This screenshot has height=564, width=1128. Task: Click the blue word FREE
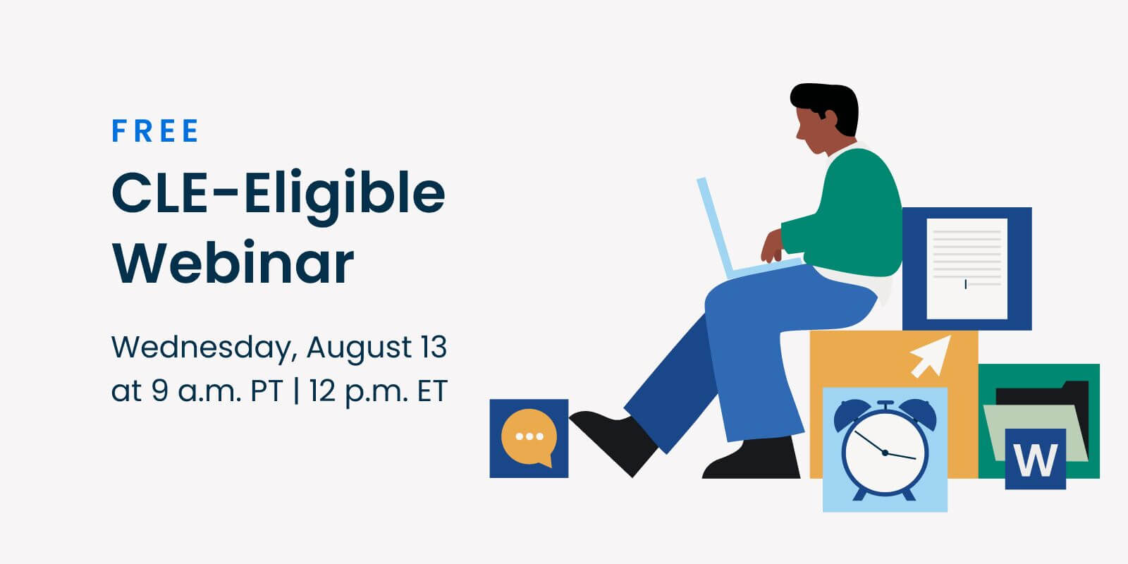pos(155,131)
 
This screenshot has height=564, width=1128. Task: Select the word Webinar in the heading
pos(233,264)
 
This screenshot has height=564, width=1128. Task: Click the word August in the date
pos(359,348)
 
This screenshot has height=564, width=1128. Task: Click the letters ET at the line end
pos(432,391)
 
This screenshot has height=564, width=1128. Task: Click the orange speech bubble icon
pos(529,437)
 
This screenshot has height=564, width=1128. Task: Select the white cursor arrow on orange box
pos(931,357)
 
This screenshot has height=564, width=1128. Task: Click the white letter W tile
pos(1036,459)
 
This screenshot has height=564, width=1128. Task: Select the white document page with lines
pos(967,269)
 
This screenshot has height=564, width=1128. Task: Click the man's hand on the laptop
pos(772,246)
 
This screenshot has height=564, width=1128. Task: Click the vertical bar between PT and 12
pos(296,391)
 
